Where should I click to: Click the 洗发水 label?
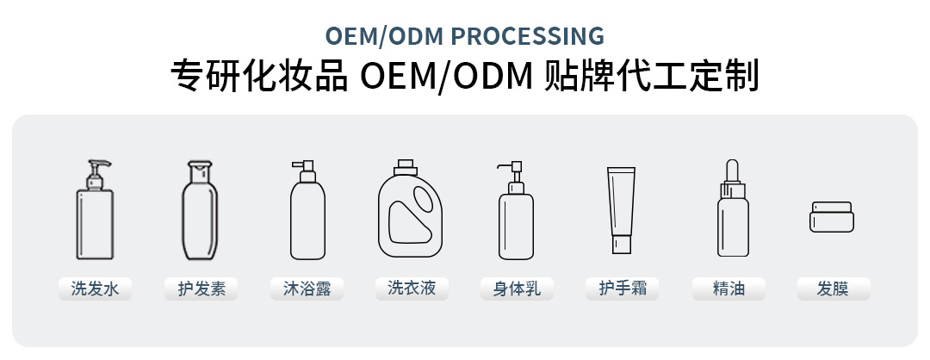pos(95,289)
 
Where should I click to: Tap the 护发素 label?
pos(201,289)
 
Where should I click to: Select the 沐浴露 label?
pos(307,289)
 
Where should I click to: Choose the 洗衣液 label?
pos(412,288)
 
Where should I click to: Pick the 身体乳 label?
pos(517,289)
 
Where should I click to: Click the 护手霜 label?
pos(622,288)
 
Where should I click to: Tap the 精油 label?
pos(728,289)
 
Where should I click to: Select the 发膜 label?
pos(833,289)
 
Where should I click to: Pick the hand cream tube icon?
pos(622,207)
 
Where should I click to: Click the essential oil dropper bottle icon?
pos(732,215)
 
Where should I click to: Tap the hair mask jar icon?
pos(832,216)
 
